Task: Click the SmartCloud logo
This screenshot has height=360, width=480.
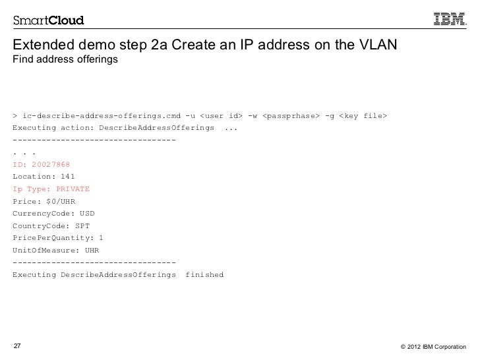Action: [48, 20]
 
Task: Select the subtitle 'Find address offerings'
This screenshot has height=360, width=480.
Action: [64, 61]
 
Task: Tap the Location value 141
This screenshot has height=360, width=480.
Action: [67, 177]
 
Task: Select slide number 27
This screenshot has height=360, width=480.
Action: [16, 346]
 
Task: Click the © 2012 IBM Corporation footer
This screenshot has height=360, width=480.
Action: [433, 347]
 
